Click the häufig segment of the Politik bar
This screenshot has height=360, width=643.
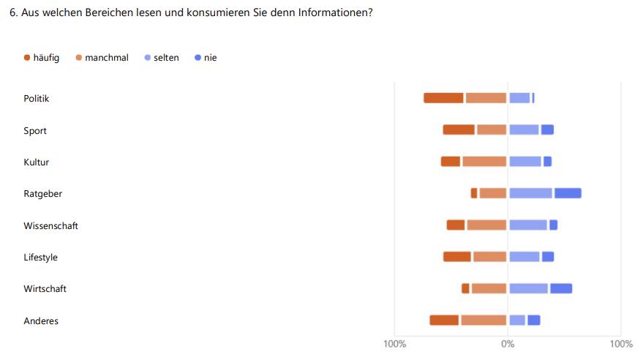[443, 98]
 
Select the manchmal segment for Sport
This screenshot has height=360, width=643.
[492, 130]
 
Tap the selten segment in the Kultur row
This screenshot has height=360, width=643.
[525, 162]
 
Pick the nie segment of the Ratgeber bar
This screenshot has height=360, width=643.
[568, 193]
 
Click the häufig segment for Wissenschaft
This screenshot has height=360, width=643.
[456, 225]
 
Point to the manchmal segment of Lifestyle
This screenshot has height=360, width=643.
[489, 257]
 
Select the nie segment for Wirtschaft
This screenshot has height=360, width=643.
[561, 288]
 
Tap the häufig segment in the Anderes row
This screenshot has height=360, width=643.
[444, 320]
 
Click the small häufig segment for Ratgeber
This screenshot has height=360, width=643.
[474, 193]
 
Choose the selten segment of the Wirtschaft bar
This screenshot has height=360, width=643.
[529, 288]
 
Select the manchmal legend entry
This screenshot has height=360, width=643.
[102, 58]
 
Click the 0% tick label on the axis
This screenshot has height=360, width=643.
[507, 344]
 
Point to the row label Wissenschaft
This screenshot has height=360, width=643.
[50, 225]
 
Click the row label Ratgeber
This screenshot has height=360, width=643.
[42, 194]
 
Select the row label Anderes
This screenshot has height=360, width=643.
[41, 320]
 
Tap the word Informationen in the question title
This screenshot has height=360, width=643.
[334, 13]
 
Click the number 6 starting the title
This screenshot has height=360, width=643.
[12, 13]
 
